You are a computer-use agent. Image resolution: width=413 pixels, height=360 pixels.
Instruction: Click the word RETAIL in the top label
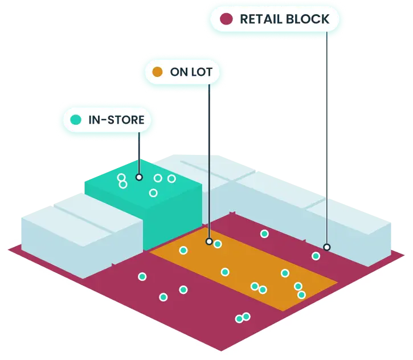click(x=261, y=19)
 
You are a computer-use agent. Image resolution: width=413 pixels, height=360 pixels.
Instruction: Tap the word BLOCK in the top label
click(x=308, y=19)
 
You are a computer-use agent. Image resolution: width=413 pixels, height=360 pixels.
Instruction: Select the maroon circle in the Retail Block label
click(x=226, y=19)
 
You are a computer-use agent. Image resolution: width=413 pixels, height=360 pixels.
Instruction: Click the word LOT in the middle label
click(x=202, y=72)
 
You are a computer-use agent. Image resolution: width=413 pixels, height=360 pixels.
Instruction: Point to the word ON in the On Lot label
click(x=179, y=72)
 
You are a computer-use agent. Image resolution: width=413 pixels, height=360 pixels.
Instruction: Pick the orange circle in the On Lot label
click(x=157, y=72)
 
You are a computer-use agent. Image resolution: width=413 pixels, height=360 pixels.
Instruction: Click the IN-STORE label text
click(x=116, y=120)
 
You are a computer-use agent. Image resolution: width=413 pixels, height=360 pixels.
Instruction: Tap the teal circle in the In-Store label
click(x=76, y=120)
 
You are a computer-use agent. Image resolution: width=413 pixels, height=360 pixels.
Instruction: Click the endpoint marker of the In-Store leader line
click(x=139, y=177)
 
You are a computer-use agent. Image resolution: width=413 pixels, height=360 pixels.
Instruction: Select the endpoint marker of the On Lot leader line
click(x=209, y=241)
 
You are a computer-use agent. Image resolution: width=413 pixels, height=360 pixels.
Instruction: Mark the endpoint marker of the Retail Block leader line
click(x=327, y=247)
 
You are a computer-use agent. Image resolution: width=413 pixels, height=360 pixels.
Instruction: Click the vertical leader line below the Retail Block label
click(x=327, y=138)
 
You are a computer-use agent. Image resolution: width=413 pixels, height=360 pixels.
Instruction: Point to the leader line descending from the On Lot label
click(x=209, y=161)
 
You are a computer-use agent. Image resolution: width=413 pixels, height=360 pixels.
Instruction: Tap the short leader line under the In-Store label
click(x=139, y=153)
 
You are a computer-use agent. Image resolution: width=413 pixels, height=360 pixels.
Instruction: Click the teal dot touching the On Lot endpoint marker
click(x=218, y=244)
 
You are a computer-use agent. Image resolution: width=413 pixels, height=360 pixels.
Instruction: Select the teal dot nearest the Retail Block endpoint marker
click(x=316, y=256)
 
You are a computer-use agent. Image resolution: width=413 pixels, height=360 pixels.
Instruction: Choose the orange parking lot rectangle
click(x=244, y=269)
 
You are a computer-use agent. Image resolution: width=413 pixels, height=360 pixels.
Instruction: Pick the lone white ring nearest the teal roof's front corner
click(x=153, y=193)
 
